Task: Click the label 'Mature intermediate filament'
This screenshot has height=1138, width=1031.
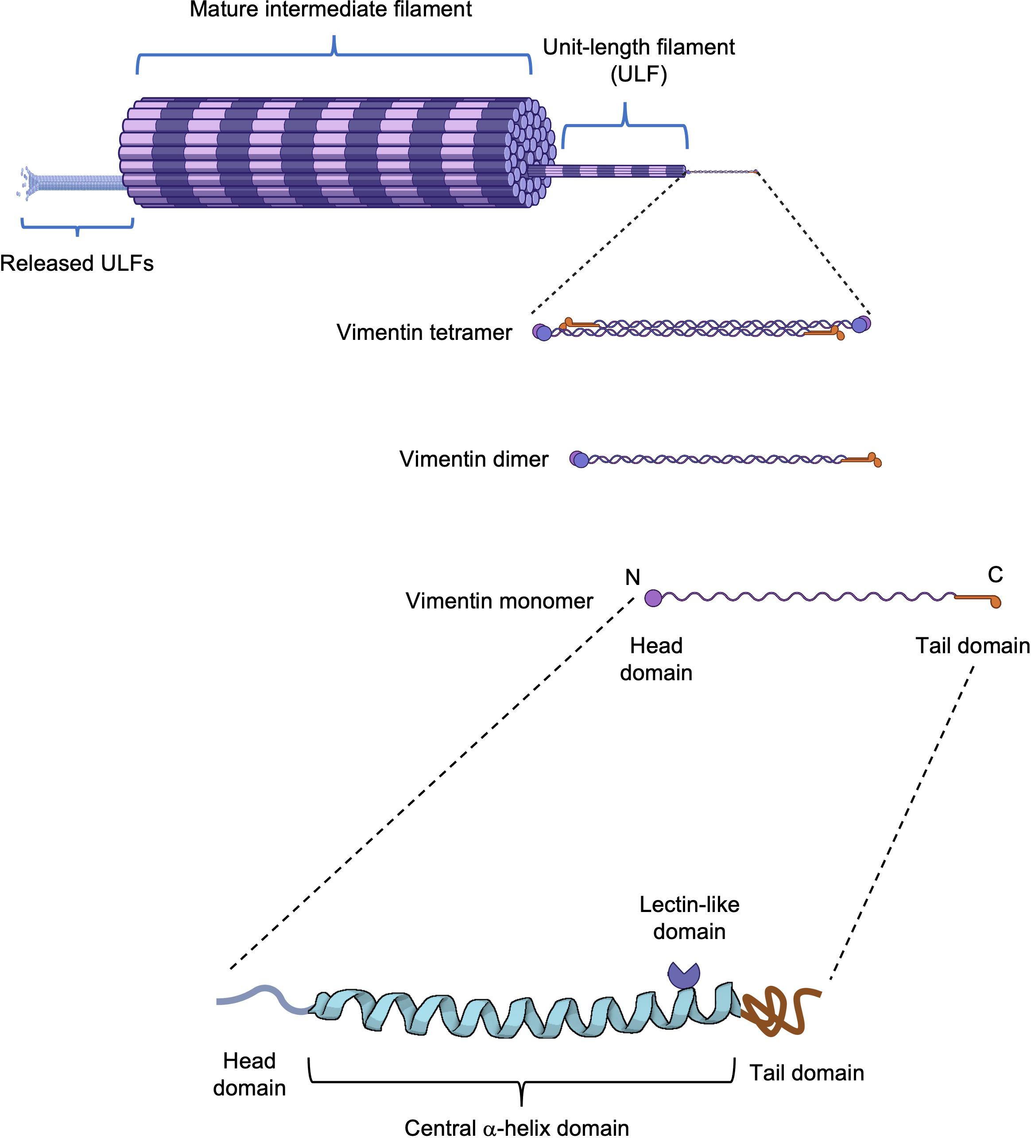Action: [x=330, y=10]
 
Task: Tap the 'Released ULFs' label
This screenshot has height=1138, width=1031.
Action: [x=77, y=264]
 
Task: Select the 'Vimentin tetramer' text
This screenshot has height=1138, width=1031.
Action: [x=424, y=332]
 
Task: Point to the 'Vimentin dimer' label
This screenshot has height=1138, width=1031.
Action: [x=474, y=459]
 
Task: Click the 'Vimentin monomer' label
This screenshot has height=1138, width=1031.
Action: [x=499, y=600]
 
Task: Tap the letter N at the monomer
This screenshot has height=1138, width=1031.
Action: [x=633, y=577]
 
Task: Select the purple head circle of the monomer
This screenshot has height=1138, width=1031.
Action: [x=652, y=598]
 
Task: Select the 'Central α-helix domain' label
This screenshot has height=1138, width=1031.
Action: [x=517, y=1127]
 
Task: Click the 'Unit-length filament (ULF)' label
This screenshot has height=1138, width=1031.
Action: [x=639, y=60]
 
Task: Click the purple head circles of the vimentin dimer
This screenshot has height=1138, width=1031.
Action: [x=579, y=459]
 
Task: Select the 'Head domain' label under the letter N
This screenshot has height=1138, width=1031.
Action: [x=656, y=659]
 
